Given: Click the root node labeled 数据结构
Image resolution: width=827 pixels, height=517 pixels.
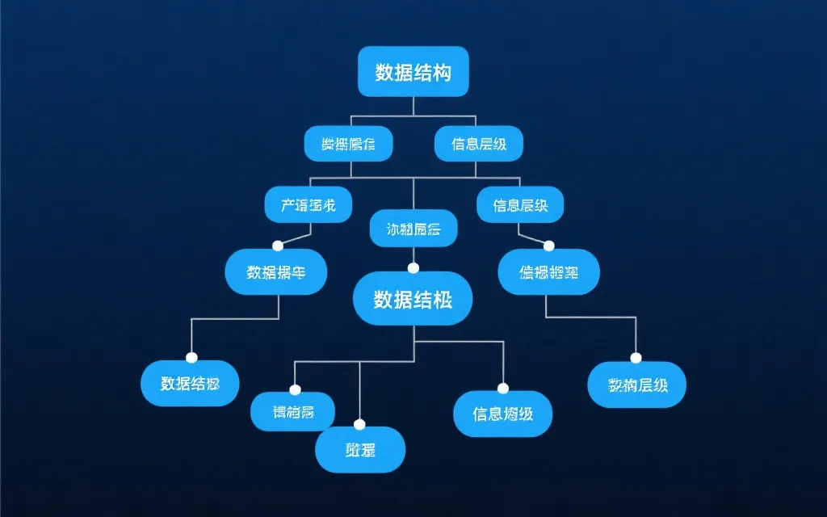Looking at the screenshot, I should pos(413,72).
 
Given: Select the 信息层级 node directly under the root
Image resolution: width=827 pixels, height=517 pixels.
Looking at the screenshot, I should pos(478,144).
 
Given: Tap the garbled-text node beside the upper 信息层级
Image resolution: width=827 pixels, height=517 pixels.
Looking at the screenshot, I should pos(348,144).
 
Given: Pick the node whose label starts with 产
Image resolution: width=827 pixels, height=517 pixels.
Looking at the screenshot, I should pos(309,204).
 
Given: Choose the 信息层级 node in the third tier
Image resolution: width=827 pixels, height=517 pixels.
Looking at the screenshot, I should pos(519,204).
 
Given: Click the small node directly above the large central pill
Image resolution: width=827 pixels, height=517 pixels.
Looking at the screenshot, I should pos(413,229).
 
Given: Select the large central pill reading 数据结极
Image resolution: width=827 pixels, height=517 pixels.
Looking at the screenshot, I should pos(413,301).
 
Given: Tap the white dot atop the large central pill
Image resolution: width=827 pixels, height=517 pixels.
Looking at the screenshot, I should pos(413,268).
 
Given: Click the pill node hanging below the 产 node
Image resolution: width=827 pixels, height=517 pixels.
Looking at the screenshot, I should pos(275,271).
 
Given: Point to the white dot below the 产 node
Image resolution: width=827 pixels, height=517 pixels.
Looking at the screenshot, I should pos(278,246).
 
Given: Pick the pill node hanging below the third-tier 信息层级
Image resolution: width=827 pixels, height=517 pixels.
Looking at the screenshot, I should pos(548,271).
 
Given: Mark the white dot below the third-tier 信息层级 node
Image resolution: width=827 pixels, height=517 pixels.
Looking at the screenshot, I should pos(549,246).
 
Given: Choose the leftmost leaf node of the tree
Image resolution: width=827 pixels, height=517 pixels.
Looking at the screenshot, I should pos(190,383).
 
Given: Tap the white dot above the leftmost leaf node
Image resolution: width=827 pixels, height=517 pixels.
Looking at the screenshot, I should pos(191,358).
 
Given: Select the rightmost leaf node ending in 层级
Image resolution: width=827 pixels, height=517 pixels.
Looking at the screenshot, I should pos(636,385).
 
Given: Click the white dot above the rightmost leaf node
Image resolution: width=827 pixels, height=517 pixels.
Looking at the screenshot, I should pos(636,359).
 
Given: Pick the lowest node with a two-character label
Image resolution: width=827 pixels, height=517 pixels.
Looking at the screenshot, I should pos(360,450).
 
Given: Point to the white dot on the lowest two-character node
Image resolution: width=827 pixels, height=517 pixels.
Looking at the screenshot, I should pos(360,425).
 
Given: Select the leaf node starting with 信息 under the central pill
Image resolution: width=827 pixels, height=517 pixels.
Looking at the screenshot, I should pos(503,414).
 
